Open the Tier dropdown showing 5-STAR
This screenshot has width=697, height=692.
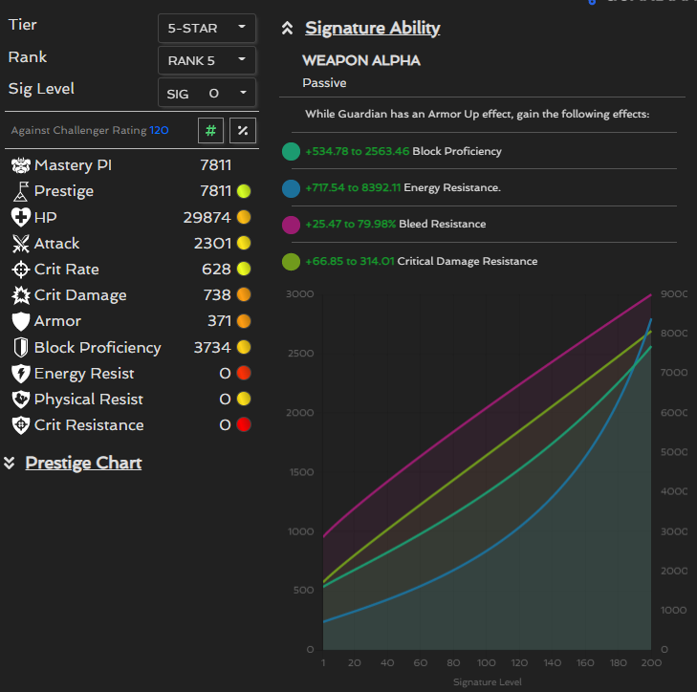pos(207,28)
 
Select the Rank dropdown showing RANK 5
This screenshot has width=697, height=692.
pos(207,60)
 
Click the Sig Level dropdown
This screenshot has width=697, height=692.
pos(207,93)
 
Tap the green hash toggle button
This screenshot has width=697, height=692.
pos(210,130)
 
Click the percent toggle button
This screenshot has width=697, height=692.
pos(243,130)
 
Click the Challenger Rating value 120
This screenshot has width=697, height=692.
pos(159,130)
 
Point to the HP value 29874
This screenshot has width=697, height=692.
pos(207,217)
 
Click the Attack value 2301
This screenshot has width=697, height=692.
pos(211,244)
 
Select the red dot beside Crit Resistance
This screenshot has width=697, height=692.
pos(244,425)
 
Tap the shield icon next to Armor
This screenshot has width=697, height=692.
pos(21,321)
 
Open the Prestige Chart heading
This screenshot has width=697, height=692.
pos(83,463)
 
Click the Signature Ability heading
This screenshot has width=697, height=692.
pos(372,28)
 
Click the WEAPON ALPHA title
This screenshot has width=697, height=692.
pos(361,60)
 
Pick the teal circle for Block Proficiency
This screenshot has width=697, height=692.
pos(292,151)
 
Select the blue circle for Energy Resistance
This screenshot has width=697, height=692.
pos(292,187)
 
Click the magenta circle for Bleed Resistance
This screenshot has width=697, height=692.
pos(292,224)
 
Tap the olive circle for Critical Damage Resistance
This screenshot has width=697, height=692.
pos(292,261)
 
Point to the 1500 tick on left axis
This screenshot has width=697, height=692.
pos(301,472)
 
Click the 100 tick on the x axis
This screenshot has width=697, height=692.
pos(487,662)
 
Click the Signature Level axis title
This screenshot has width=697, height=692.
pos(487,681)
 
